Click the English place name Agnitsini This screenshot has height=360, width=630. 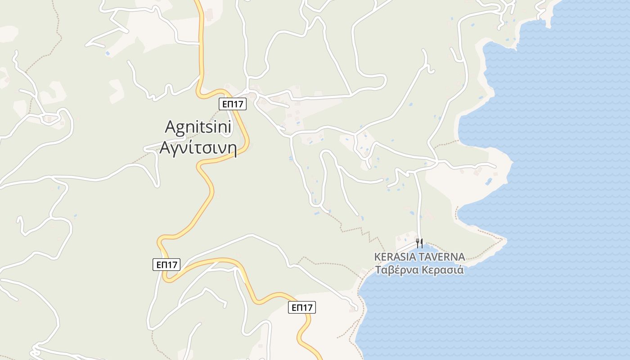198,127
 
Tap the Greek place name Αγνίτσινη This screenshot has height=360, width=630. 198,148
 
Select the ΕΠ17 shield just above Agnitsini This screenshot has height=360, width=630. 233,104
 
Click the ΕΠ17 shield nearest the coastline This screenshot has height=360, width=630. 301,308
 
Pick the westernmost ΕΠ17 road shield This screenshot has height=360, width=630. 166,265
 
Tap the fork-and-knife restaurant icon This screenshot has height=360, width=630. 419,243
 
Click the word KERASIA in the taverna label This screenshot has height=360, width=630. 395,257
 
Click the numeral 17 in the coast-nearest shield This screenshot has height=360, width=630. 308,308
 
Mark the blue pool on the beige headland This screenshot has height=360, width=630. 489,181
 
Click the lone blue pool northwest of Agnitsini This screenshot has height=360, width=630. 108,53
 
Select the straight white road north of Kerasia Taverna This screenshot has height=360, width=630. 419,202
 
